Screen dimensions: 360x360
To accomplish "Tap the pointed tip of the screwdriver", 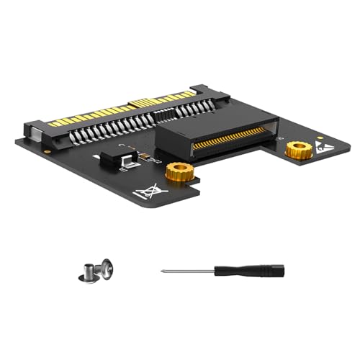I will [x=161, y=271].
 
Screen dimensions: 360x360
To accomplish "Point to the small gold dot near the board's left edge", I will [x=47, y=153].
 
